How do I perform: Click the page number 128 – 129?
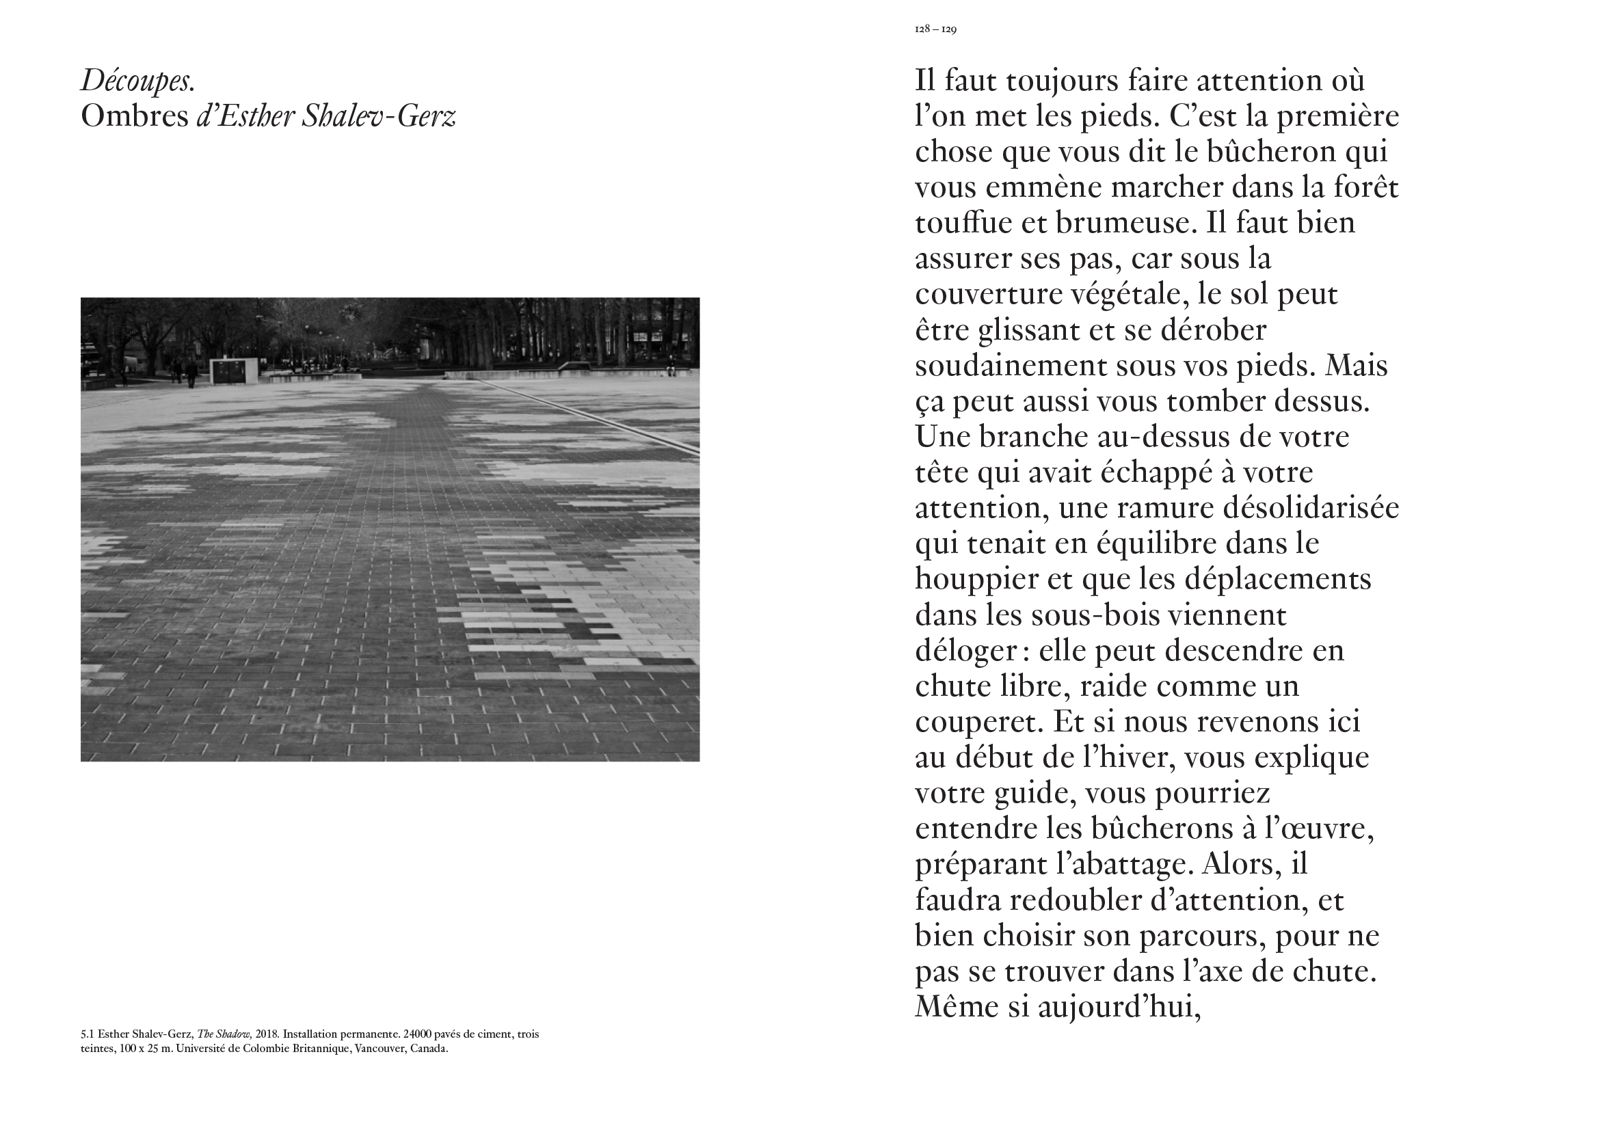pyautogui.click(x=935, y=29)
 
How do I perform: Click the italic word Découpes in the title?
pyautogui.click(x=137, y=81)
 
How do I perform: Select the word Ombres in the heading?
pyautogui.click(x=134, y=117)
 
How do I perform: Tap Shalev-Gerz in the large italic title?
pyautogui.click(x=379, y=117)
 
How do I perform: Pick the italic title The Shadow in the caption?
pyautogui.click(x=224, y=1034)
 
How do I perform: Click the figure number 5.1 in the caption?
pyautogui.click(x=88, y=1034)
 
